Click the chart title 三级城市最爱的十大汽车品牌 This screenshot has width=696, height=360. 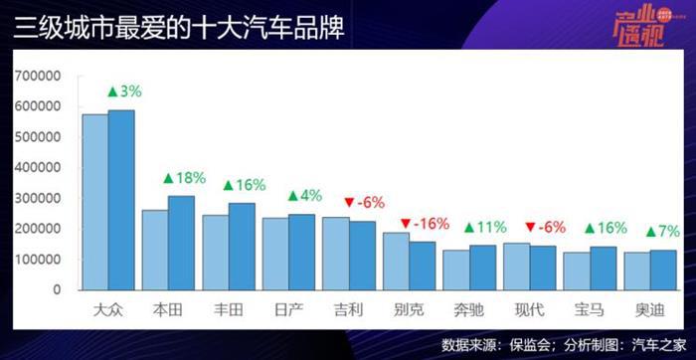[x=179, y=28]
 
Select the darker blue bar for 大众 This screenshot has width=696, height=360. [x=121, y=199]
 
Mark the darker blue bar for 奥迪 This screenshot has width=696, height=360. [x=662, y=270]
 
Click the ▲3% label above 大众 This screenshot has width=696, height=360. [x=123, y=91]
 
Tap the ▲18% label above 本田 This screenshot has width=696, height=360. [x=184, y=178]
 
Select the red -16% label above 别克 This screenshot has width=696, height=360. [x=425, y=223]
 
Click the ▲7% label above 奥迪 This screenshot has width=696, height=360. [x=663, y=232]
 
